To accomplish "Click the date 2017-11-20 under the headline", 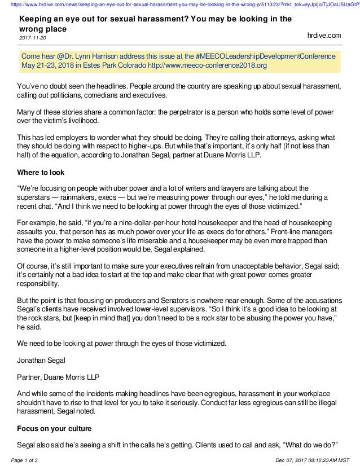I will pyautogui.click(x=33, y=38).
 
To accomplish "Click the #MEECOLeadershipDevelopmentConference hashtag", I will pyautogui.click(x=266, y=56).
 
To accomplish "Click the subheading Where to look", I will pyautogui.click(x=41, y=172).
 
